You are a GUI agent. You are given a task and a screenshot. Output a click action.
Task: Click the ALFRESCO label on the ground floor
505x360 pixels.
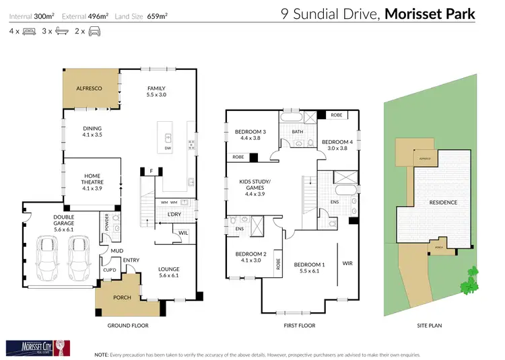point(89,88)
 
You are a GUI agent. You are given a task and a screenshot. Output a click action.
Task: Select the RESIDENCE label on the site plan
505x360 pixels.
point(443,202)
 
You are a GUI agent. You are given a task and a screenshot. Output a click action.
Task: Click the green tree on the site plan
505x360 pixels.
point(469,280)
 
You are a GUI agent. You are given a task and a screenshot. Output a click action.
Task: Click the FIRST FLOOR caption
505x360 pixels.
point(297,325)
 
